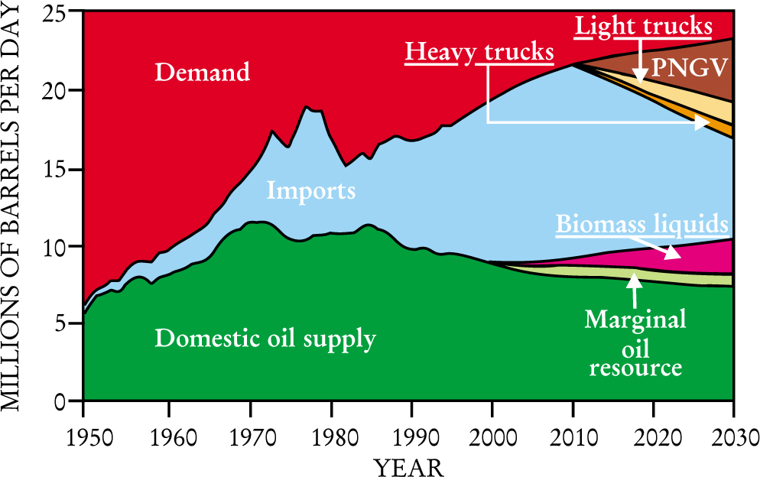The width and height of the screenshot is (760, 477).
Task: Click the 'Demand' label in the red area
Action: coord(203,73)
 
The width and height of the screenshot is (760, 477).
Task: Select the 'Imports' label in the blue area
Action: coord(311,190)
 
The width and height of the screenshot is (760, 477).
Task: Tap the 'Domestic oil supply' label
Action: coord(265,338)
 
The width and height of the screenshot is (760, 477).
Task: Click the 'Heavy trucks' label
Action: coord(479,53)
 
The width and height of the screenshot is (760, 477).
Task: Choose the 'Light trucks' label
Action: coord(644,27)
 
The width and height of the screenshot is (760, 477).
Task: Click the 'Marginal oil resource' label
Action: coord(635,342)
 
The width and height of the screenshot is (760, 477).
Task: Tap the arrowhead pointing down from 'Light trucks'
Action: coord(639,76)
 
